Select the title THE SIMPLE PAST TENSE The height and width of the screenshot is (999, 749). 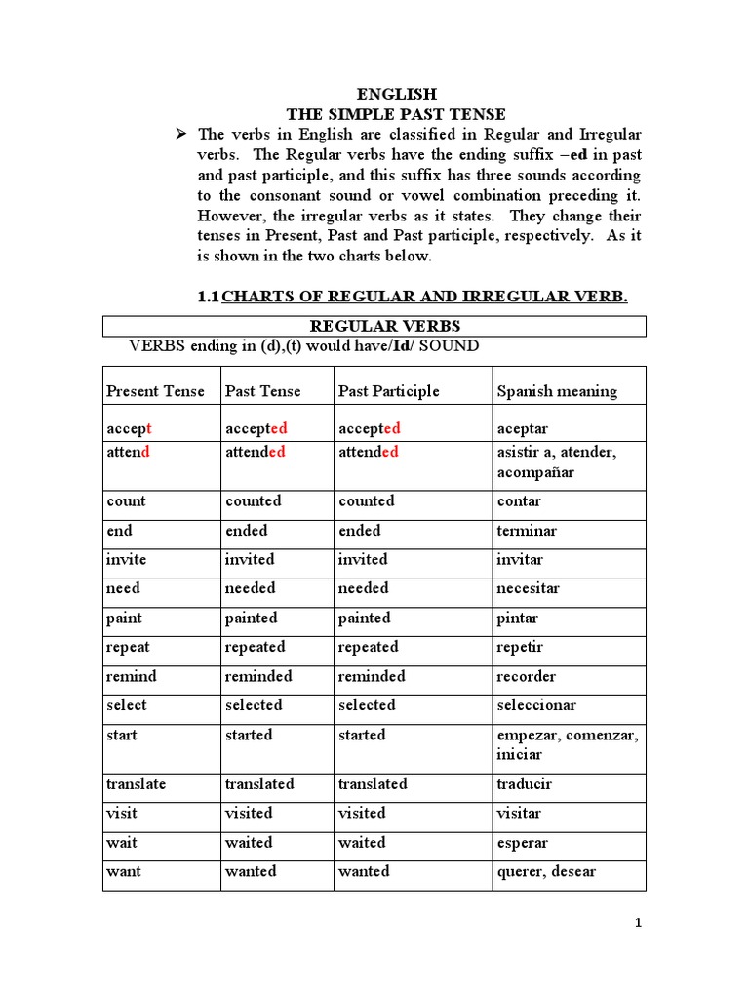click(395, 114)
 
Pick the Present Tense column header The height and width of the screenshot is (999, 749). click(155, 391)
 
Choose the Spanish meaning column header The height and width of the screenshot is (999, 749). click(557, 391)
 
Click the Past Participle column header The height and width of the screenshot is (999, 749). click(388, 391)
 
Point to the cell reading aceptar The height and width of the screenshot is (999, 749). click(523, 429)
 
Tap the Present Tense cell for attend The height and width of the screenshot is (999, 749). click(128, 453)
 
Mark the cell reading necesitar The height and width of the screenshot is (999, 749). click(528, 589)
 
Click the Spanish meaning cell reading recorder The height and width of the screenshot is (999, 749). click(527, 677)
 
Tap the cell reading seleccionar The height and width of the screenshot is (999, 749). click(536, 705)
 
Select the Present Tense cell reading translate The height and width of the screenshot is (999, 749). click(137, 784)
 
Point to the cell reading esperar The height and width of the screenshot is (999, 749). click(523, 843)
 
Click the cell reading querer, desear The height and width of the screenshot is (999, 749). click(546, 872)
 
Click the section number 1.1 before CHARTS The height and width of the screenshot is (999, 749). click(209, 297)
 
